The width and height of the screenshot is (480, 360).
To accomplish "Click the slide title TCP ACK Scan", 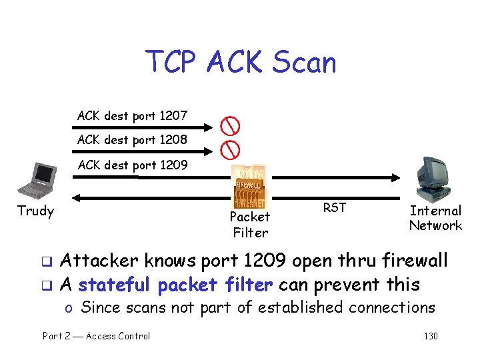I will click(x=241, y=63).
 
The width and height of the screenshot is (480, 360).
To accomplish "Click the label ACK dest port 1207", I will click(x=132, y=116).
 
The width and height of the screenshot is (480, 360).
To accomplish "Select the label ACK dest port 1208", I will click(x=132, y=140).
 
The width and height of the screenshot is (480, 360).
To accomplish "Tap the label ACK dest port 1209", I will click(x=132, y=165).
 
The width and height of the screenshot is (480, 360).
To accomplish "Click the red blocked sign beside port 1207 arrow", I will click(x=231, y=125).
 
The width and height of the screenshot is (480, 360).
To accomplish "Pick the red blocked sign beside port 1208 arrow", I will click(x=231, y=148).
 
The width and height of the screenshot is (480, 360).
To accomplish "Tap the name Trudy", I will click(x=35, y=211).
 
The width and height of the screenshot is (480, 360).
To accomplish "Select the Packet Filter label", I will click(x=249, y=225).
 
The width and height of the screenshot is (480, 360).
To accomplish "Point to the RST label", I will click(x=334, y=208).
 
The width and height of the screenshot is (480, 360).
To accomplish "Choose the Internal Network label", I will click(x=435, y=218).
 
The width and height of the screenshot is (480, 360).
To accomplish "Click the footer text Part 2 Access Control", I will click(x=97, y=336).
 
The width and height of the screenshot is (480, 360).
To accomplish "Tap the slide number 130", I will click(x=431, y=336).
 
